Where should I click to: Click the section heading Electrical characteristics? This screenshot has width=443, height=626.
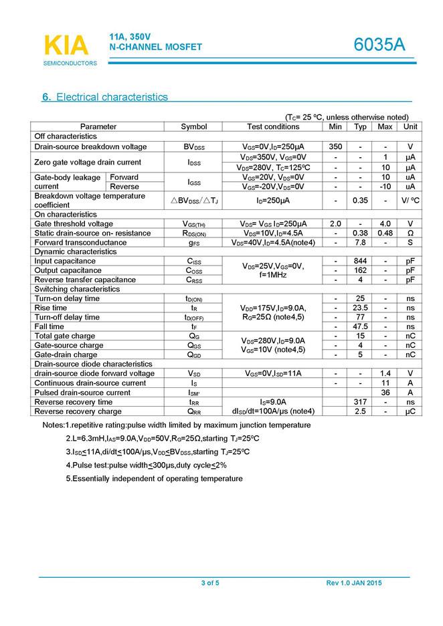105,97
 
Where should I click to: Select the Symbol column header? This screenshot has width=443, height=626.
194,126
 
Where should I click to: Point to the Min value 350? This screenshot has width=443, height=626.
335,146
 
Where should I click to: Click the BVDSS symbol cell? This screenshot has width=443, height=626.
194,146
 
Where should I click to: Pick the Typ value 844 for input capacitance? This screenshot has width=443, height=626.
360,261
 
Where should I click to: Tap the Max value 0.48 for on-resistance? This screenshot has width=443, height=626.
385,233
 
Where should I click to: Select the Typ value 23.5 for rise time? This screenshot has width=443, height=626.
360,308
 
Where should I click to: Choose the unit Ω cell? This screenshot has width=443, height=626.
410,233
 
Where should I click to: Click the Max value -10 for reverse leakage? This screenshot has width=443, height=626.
385,187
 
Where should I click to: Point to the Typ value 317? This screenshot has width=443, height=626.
360,402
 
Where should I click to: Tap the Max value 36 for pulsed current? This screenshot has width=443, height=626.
385,393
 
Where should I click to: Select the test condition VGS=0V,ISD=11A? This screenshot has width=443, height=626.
272,373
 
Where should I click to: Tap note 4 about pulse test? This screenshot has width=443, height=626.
146,465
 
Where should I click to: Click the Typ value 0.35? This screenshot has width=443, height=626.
360,200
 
